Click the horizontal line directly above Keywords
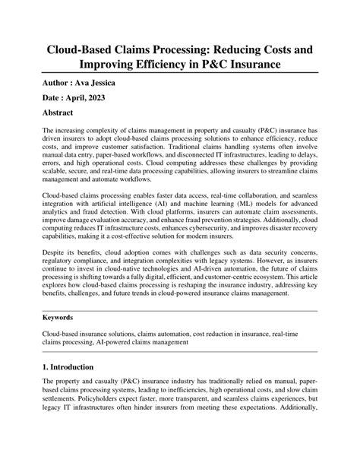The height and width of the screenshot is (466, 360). point(180,309)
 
